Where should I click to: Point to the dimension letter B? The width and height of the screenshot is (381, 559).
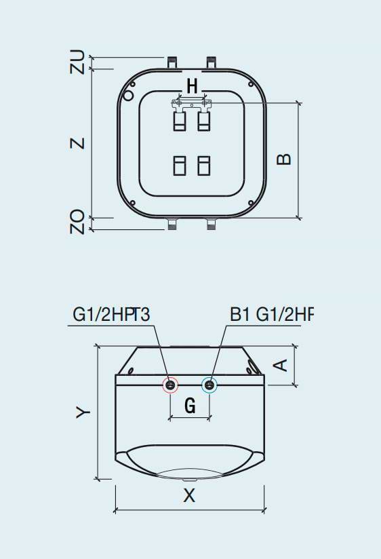(x=284, y=159)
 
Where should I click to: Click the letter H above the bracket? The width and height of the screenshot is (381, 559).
(x=192, y=86)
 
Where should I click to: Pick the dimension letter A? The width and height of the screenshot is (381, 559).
(x=281, y=365)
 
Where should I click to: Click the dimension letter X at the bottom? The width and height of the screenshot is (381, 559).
(x=189, y=495)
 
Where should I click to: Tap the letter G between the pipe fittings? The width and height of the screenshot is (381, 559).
(x=190, y=406)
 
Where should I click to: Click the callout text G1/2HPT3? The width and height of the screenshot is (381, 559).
(x=111, y=314)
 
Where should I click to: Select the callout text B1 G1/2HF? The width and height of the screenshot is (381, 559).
(x=272, y=314)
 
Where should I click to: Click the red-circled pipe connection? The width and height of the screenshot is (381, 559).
(x=170, y=385)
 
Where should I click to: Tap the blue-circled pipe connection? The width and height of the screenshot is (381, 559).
(x=211, y=385)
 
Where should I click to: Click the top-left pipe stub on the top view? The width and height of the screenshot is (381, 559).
(x=172, y=62)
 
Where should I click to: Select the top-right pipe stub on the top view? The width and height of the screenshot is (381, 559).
(x=211, y=62)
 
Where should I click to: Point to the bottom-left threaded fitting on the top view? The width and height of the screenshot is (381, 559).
(x=172, y=223)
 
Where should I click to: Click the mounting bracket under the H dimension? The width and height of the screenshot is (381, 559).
(x=192, y=104)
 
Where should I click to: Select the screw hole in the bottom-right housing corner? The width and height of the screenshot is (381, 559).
(x=251, y=202)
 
